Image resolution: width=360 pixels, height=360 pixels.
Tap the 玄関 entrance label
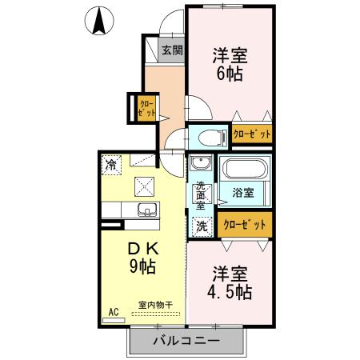click(x=173, y=50)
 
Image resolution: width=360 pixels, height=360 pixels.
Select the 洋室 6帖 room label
click(x=230, y=63)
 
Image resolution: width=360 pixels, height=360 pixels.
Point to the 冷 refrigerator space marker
click(x=110, y=166)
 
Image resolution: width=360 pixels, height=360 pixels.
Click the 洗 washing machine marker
click(x=202, y=226)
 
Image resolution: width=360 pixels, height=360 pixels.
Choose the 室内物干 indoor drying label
click(x=154, y=305)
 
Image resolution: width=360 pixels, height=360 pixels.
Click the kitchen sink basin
click(x=147, y=211)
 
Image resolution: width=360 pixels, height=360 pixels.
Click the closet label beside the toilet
click(x=252, y=134)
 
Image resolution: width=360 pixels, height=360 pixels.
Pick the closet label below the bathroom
click(x=243, y=225)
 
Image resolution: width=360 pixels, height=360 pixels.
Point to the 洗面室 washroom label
click(x=201, y=194)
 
